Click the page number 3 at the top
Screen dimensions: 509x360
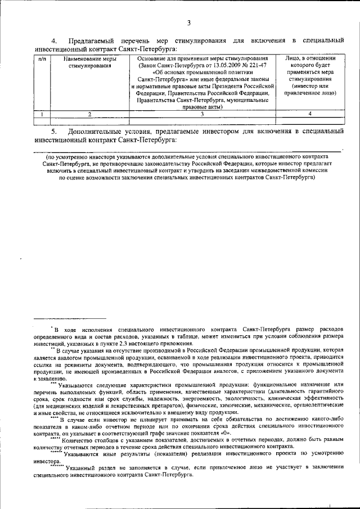pyautogui.click(x=189, y=22)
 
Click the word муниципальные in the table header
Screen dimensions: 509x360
pyautogui.click(x=244, y=100)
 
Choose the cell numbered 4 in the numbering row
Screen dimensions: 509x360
pyautogui.click(x=309, y=114)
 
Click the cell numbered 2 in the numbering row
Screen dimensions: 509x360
pyautogui.click(x=90, y=114)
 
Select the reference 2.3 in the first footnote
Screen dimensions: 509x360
pyautogui.click(x=127, y=343)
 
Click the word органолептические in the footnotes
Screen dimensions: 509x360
pyautogui.click(x=318, y=404)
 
